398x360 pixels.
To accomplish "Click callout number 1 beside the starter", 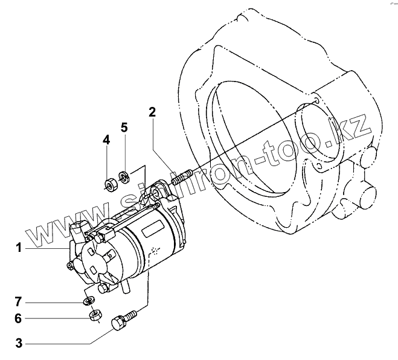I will click(19, 248).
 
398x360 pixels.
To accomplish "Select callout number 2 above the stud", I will click(152, 112).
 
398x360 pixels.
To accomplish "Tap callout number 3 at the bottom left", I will click(19, 344).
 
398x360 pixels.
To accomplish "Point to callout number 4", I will click(106, 140).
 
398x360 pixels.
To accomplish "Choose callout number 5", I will click(124, 127).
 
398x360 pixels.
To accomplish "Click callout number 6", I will click(19, 318).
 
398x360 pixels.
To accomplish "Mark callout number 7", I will click(19, 300).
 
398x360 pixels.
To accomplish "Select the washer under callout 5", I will click(125, 177).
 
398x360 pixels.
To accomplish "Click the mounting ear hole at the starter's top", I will click(156, 193).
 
